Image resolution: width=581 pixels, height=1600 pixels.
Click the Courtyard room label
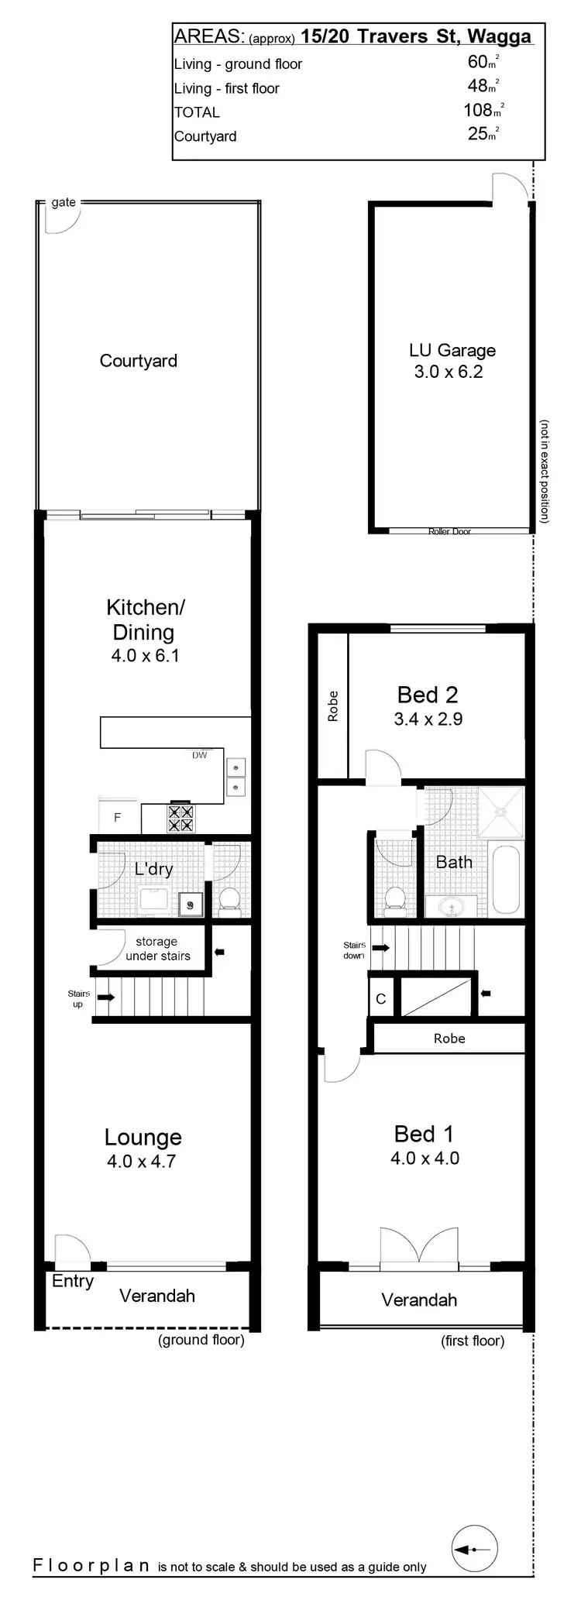tap(138, 361)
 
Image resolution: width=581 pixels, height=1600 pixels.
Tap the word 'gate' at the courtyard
tap(64, 202)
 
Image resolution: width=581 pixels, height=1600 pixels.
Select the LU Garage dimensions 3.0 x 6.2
tap(448, 372)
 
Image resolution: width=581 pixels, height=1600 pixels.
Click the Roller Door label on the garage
tap(449, 531)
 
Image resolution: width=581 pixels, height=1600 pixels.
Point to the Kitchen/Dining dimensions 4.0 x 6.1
tap(146, 656)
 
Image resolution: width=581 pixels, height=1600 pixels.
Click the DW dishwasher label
tap(200, 755)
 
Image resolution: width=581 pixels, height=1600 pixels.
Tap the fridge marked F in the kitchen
tap(118, 817)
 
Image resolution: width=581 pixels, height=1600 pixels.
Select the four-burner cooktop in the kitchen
tap(180, 819)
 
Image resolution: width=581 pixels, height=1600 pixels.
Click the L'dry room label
tap(153, 869)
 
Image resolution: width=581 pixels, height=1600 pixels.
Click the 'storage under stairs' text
tap(157, 949)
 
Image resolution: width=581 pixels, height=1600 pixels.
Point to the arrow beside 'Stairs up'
tap(105, 997)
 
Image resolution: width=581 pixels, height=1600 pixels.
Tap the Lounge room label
tap(143, 1137)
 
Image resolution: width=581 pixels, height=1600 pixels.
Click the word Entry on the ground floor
tap(73, 1281)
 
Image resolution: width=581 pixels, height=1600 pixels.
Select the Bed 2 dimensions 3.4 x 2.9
tap(428, 719)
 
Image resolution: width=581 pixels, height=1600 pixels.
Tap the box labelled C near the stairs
tap(380, 999)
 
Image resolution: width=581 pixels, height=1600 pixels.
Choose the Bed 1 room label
tap(424, 1134)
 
